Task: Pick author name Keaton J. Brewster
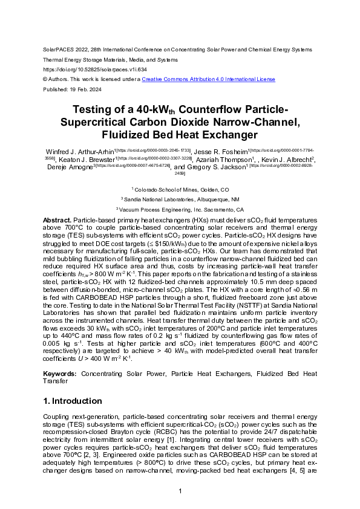tap(85, 159)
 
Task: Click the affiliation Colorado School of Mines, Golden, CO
tap(181, 189)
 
